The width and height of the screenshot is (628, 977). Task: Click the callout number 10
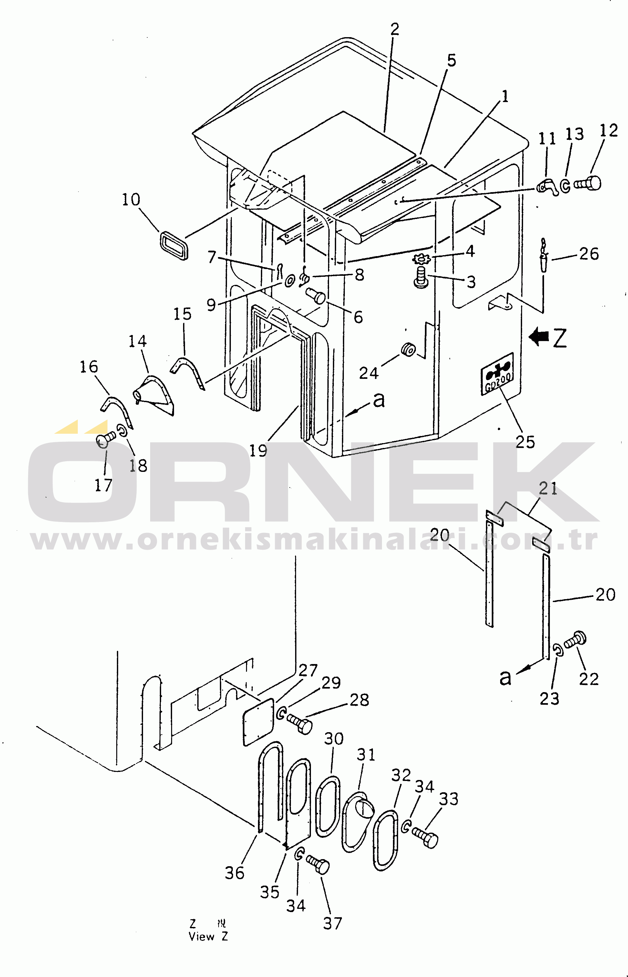131,200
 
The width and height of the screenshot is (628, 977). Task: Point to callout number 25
525,442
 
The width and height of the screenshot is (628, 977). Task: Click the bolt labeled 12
588,183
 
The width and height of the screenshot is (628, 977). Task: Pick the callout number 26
589,254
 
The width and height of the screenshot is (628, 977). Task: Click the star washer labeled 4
421,259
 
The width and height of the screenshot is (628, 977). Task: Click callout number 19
258,451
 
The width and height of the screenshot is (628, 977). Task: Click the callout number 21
548,489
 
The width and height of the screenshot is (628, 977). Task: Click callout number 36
234,873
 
